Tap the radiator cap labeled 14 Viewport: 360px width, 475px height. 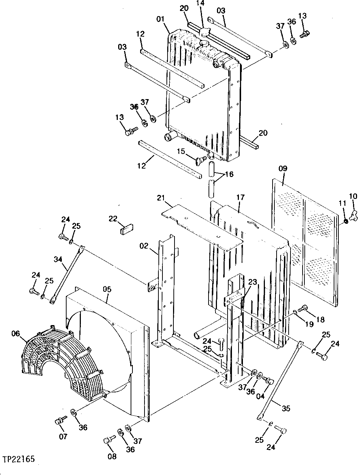coord(204,32)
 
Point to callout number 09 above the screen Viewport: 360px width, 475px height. coord(283,169)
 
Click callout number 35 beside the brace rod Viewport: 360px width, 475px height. coord(286,408)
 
